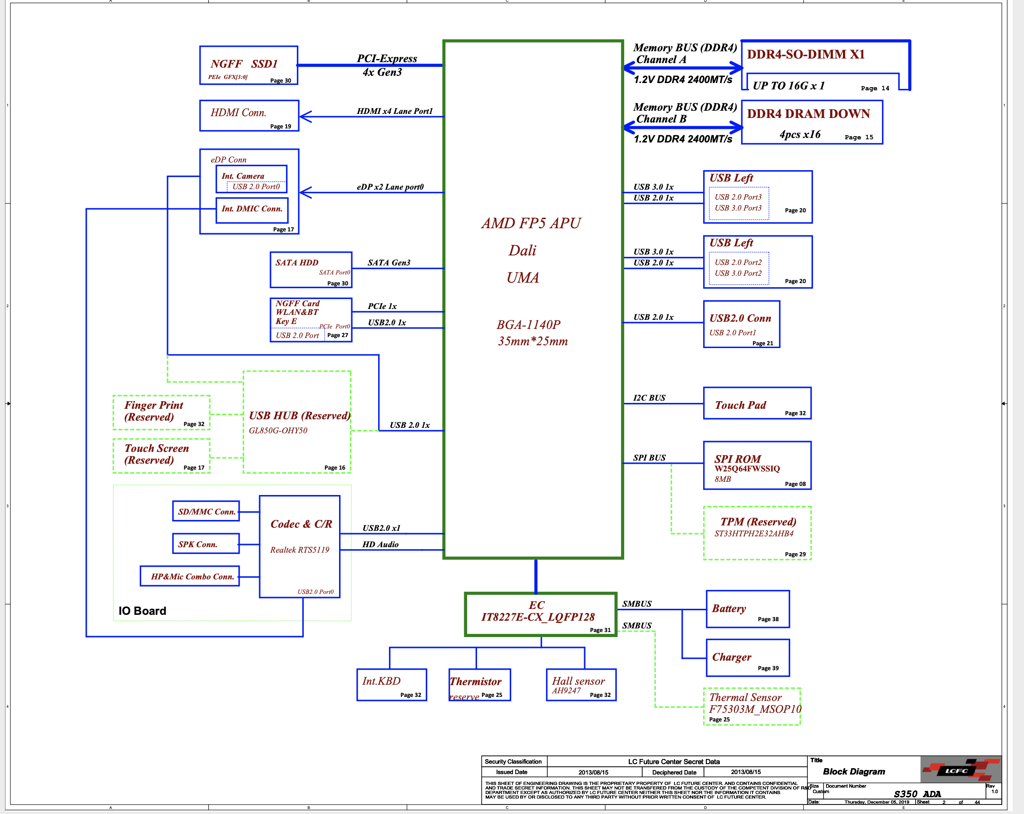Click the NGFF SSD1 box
tap(248, 65)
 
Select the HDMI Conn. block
tap(249, 115)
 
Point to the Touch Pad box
tap(757, 403)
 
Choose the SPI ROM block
tap(757, 466)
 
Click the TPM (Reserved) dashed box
tap(757, 533)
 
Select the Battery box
tap(748, 609)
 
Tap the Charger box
tap(748, 658)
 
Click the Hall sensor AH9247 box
tap(581, 685)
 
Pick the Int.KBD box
tap(391, 685)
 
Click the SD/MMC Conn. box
tap(206, 511)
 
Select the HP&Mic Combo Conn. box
tap(190, 576)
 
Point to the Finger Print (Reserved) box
tap(161, 412)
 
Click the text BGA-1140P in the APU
tap(528, 325)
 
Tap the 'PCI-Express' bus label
tap(387, 59)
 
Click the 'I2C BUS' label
tap(649, 398)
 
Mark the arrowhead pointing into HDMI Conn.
tap(305, 117)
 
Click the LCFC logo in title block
tap(960, 770)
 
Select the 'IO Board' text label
tap(142, 611)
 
